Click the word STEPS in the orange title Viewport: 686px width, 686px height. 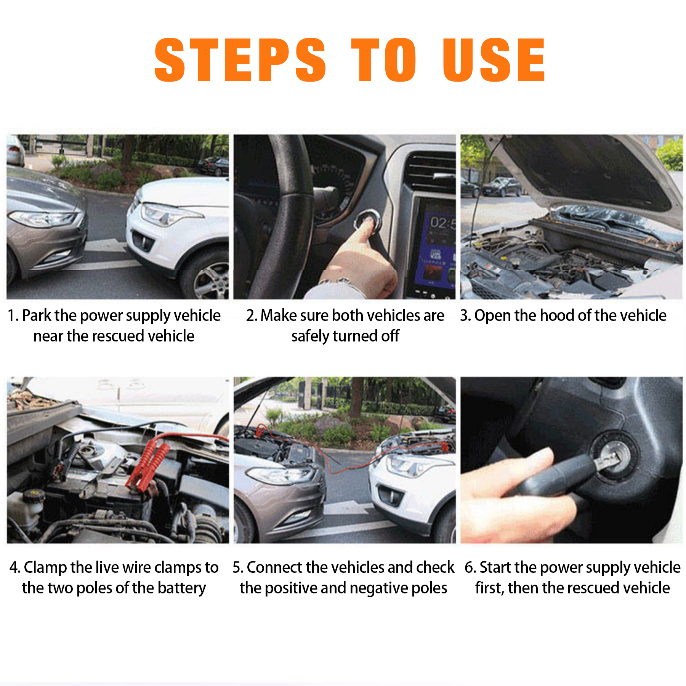tap(240, 60)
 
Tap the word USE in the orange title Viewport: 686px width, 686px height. tap(494, 60)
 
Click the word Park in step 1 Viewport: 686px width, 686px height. tap(36, 316)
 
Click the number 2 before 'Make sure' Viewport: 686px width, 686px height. tap(250, 316)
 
